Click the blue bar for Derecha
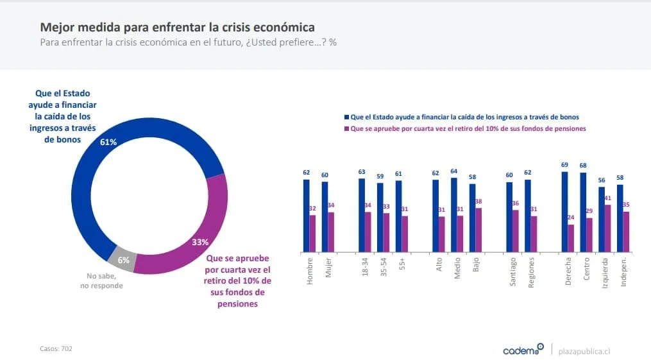[x=564, y=212]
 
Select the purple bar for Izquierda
[x=607, y=228]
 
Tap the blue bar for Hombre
[x=306, y=216]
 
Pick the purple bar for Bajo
[x=478, y=230]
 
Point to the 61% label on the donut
[x=108, y=142]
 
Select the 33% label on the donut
[x=200, y=242]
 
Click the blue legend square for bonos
[x=346, y=117]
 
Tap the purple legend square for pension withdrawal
[x=346, y=128]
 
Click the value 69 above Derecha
[x=564, y=166]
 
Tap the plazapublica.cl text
[x=584, y=351]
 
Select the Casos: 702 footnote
[x=56, y=348]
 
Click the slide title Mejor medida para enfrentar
[x=177, y=28]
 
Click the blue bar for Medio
[x=454, y=214]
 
